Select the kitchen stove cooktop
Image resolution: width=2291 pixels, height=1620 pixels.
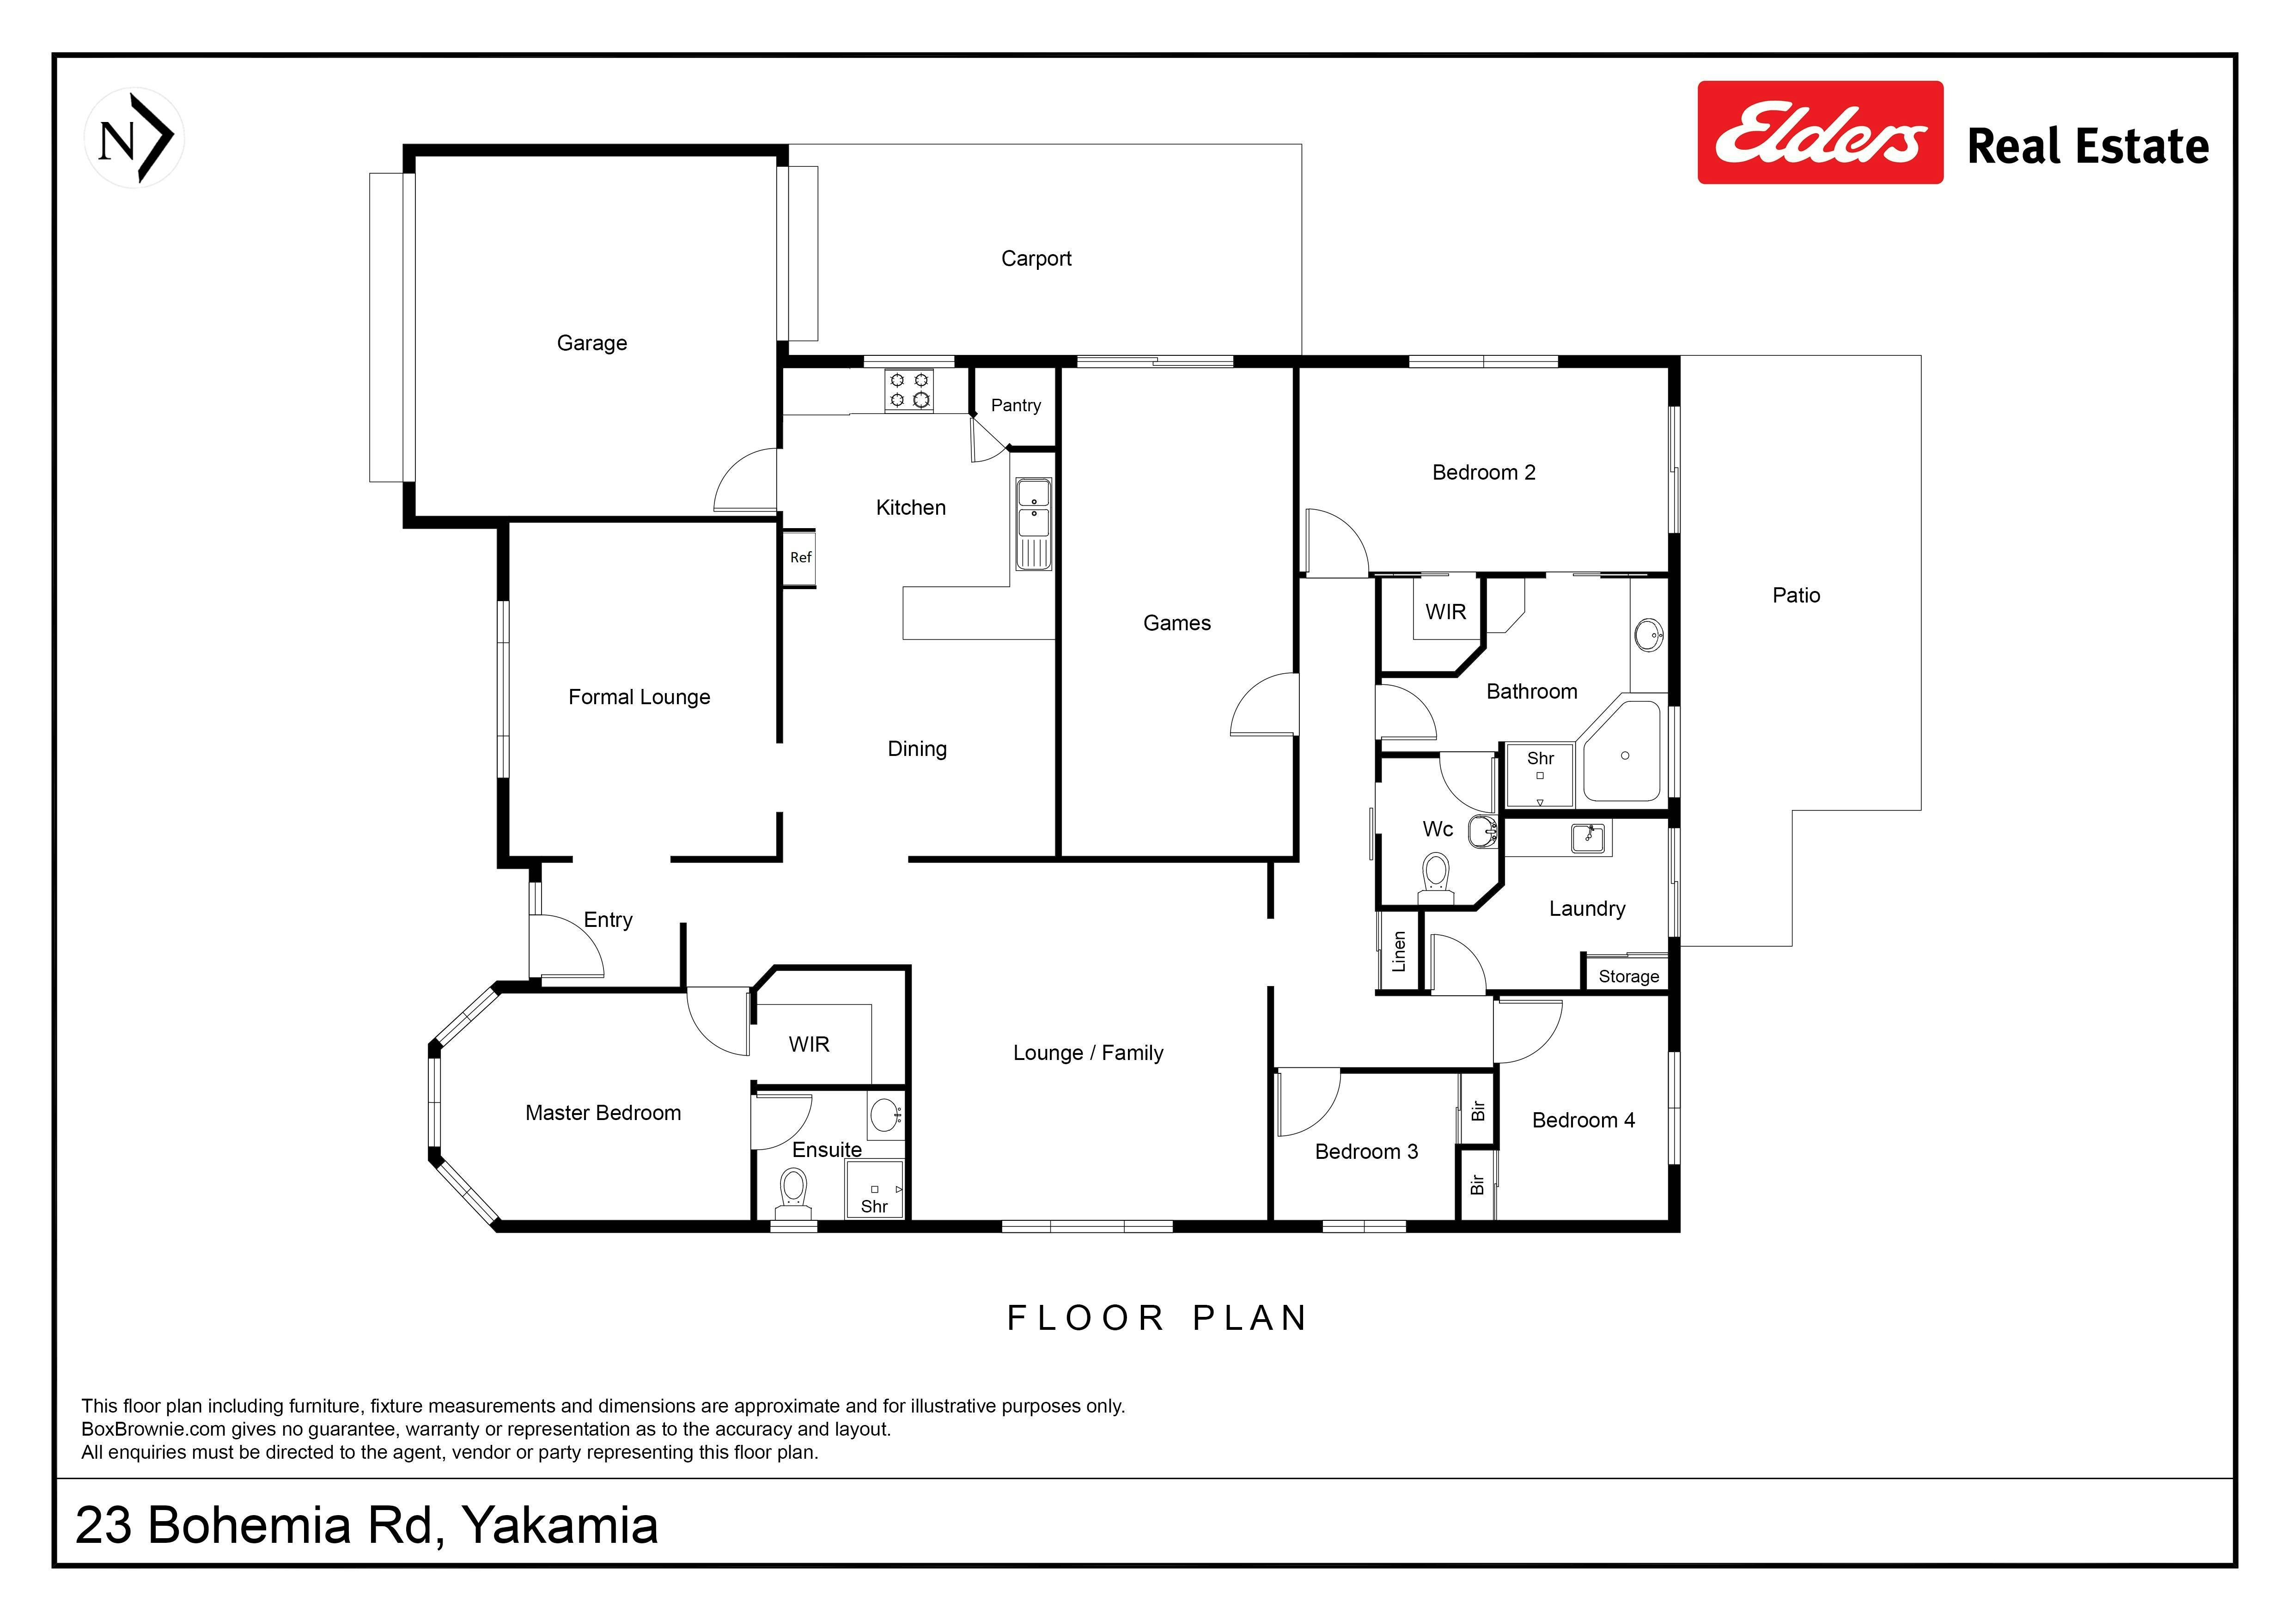click(909, 390)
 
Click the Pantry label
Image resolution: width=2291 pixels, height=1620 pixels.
click(1016, 405)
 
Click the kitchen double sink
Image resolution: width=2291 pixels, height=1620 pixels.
click(1034, 524)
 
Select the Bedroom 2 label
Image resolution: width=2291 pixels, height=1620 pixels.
click(1484, 473)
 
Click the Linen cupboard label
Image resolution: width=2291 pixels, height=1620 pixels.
click(1399, 952)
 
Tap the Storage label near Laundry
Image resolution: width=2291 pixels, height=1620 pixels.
click(1628, 977)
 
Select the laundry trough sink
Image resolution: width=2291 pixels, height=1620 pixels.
click(1588, 838)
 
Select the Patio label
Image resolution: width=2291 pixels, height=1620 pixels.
click(1796, 596)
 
